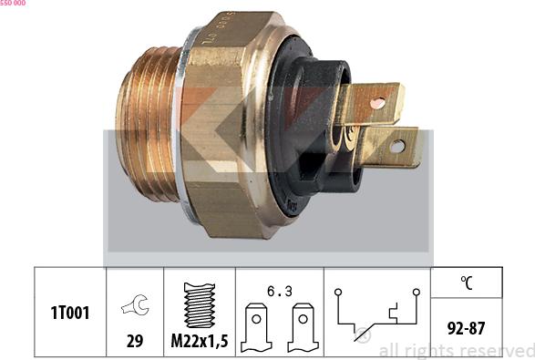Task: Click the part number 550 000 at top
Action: coord(13,4)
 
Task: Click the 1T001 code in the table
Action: coord(69,312)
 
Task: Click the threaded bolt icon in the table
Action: coord(199,303)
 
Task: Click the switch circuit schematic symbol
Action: coord(376,314)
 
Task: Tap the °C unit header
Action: coord(466,283)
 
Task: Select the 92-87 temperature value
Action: coord(466,326)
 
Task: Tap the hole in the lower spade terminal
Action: coord(397,146)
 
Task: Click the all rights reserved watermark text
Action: coord(456,350)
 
